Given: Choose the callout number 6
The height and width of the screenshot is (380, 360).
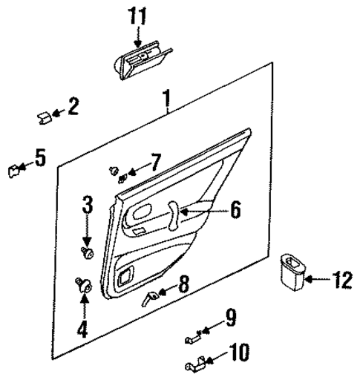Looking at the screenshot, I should [235, 210].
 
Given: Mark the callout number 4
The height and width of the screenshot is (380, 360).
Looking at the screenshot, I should [82, 327].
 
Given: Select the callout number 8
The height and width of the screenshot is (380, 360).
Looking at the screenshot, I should [183, 283].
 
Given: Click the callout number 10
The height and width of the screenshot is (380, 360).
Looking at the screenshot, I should [239, 349].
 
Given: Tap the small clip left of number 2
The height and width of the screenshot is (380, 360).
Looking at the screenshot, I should [45, 115].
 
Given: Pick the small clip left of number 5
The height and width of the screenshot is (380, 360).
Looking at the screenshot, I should [13, 170].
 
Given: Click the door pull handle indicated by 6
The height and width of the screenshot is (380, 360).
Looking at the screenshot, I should [173, 214].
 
